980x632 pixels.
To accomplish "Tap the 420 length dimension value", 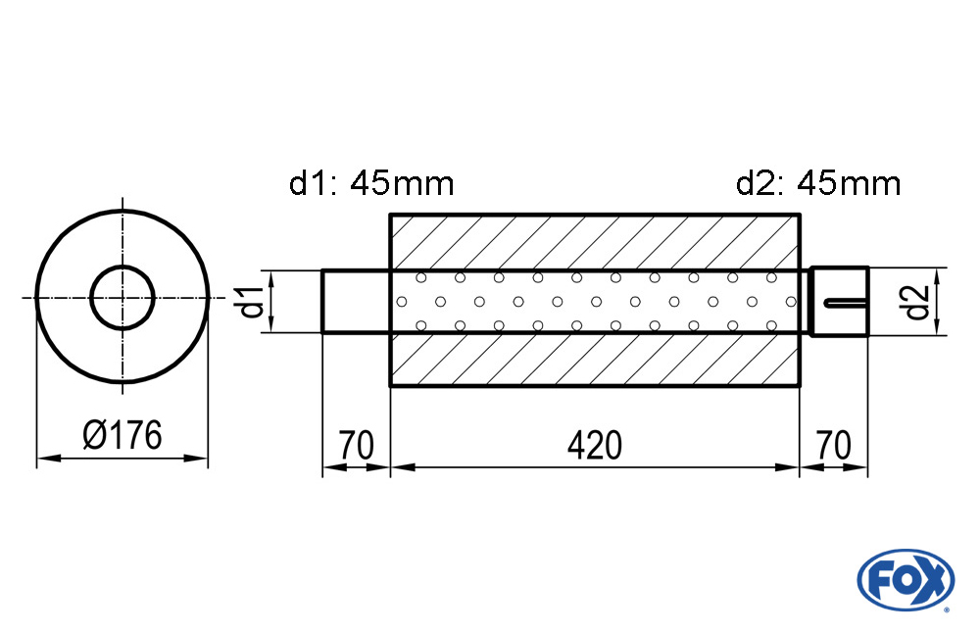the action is [x=595, y=445].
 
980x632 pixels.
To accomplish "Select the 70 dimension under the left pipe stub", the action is [x=357, y=445].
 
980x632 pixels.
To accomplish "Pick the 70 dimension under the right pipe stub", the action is [x=834, y=445].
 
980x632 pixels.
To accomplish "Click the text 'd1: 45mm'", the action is [x=371, y=183].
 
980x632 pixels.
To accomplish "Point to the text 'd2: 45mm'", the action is [x=818, y=183].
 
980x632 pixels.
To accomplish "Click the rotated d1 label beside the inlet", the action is [x=253, y=302].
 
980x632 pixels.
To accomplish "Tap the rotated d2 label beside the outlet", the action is [x=917, y=302].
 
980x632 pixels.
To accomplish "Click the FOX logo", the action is [x=906, y=579].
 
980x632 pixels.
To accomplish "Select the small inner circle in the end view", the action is [x=122, y=298].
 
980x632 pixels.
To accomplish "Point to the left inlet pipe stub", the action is [x=357, y=302].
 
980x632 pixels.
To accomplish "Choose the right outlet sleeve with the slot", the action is [x=840, y=302].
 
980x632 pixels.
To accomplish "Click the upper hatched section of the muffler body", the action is [x=595, y=242].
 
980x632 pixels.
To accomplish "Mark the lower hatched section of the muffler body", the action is [x=595, y=360].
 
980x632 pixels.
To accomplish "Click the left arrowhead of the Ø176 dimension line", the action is [x=49, y=459].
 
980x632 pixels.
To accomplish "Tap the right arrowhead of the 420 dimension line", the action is [x=788, y=467].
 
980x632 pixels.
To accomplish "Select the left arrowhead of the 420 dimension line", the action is [x=403, y=467].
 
